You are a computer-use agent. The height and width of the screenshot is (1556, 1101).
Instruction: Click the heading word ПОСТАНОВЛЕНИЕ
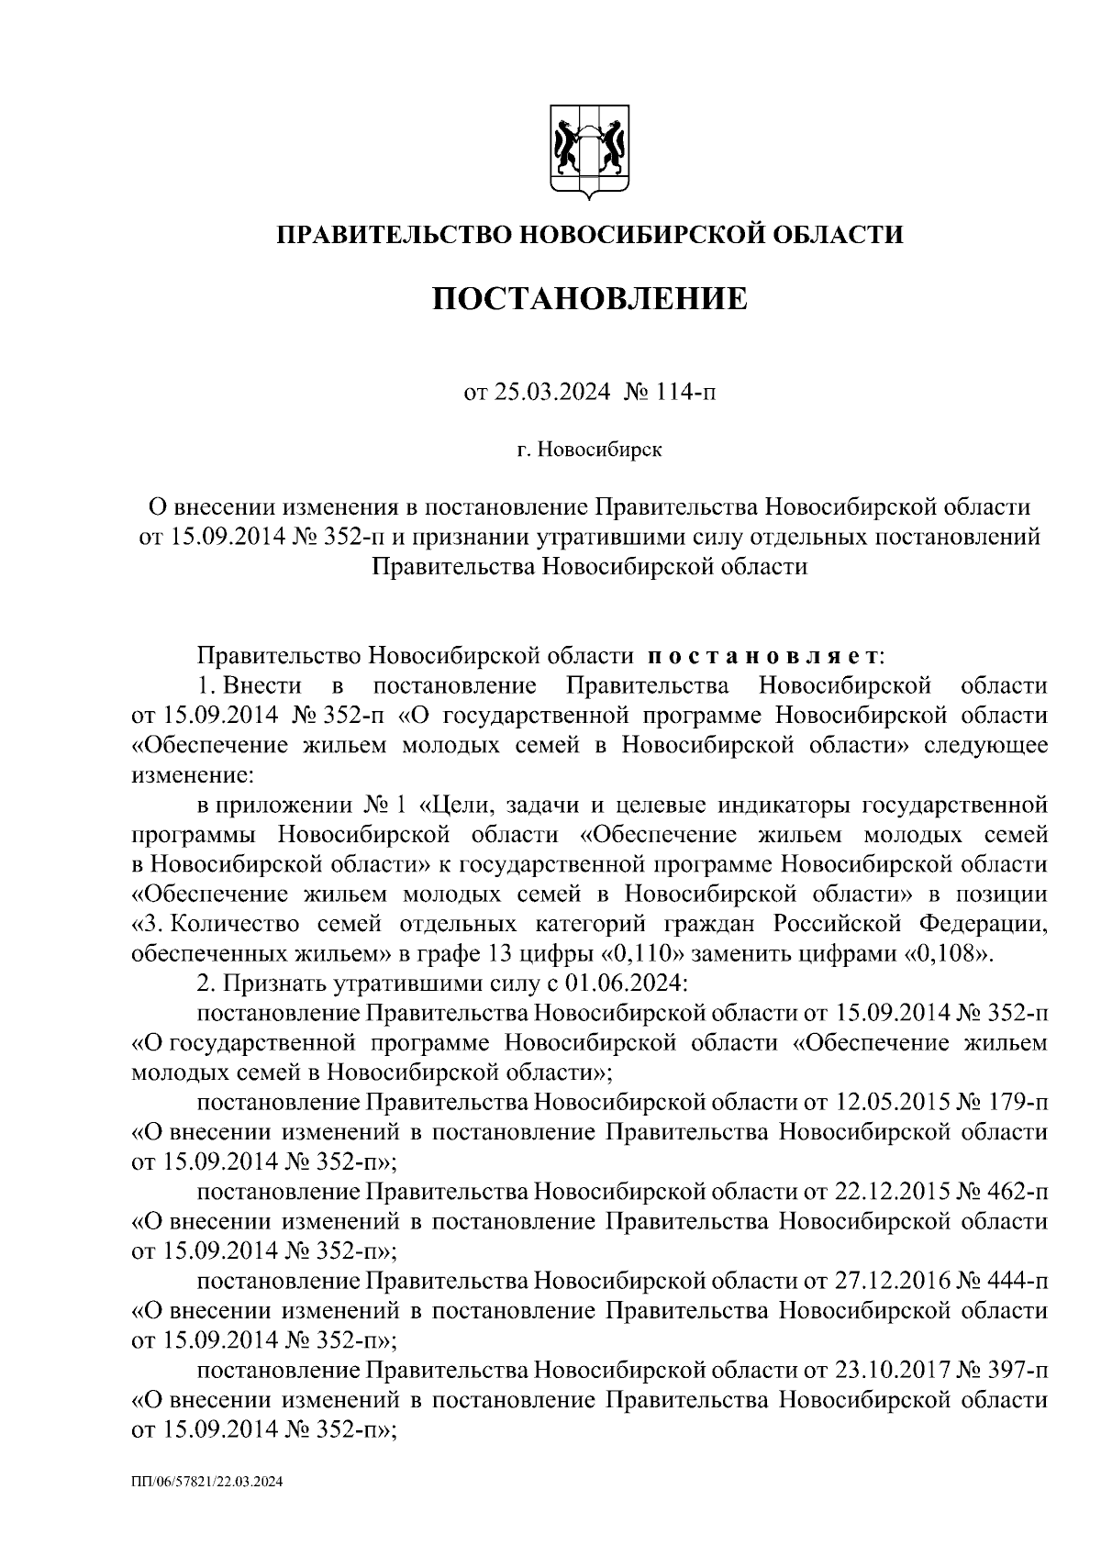[x=590, y=298]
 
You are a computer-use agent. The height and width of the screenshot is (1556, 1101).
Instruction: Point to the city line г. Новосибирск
[x=588, y=450]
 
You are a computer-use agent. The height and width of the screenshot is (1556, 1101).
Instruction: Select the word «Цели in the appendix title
[x=454, y=806]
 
